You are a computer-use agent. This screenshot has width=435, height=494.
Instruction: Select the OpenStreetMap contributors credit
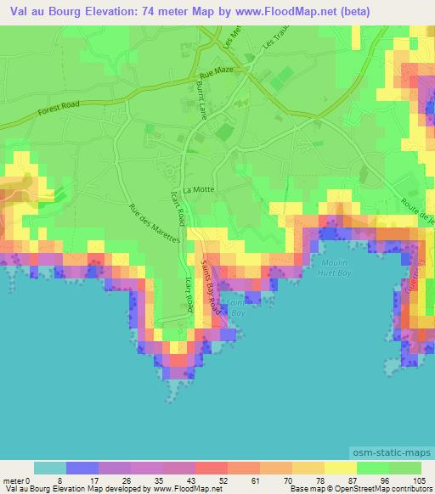click(x=385, y=489)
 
